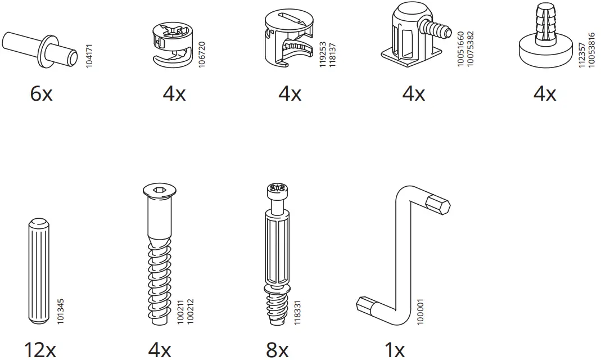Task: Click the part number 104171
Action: (x=89, y=56)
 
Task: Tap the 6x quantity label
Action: (x=41, y=93)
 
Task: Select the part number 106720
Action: (x=202, y=55)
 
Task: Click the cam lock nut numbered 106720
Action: (x=171, y=44)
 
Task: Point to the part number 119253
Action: (x=323, y=55)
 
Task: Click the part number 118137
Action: (x=332, y=55)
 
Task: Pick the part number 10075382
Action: (x=471, y=49)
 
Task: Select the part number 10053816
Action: (x=591, y=50)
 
